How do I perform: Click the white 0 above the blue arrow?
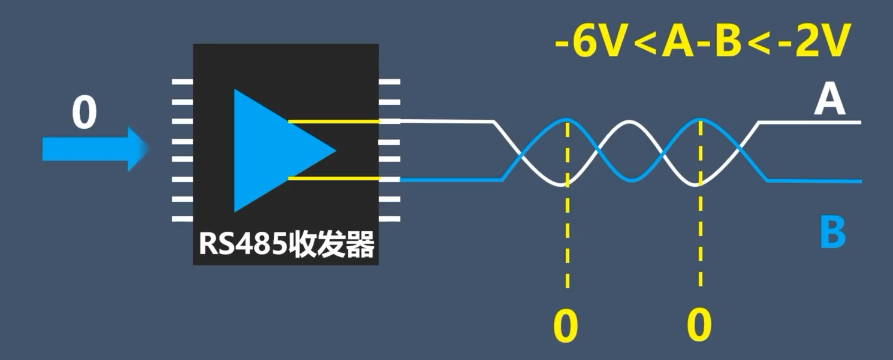pyautogui.click(x=84, y=114)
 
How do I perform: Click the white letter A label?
pyautogui.click(x=829, y=100)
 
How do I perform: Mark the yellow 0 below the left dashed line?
pyautogui.click(x=566, y=326)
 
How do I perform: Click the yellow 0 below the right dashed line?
pyautogui.click(x=699, y=326)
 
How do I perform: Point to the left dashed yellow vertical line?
pyautogui.click(x=567, y=240)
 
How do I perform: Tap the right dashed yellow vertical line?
pyautogui.click(x=700, y=240)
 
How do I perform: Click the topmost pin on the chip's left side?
pyautogui.click(x=182, y=81)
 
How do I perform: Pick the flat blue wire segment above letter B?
pyautogui.click(x=815, y=180)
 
